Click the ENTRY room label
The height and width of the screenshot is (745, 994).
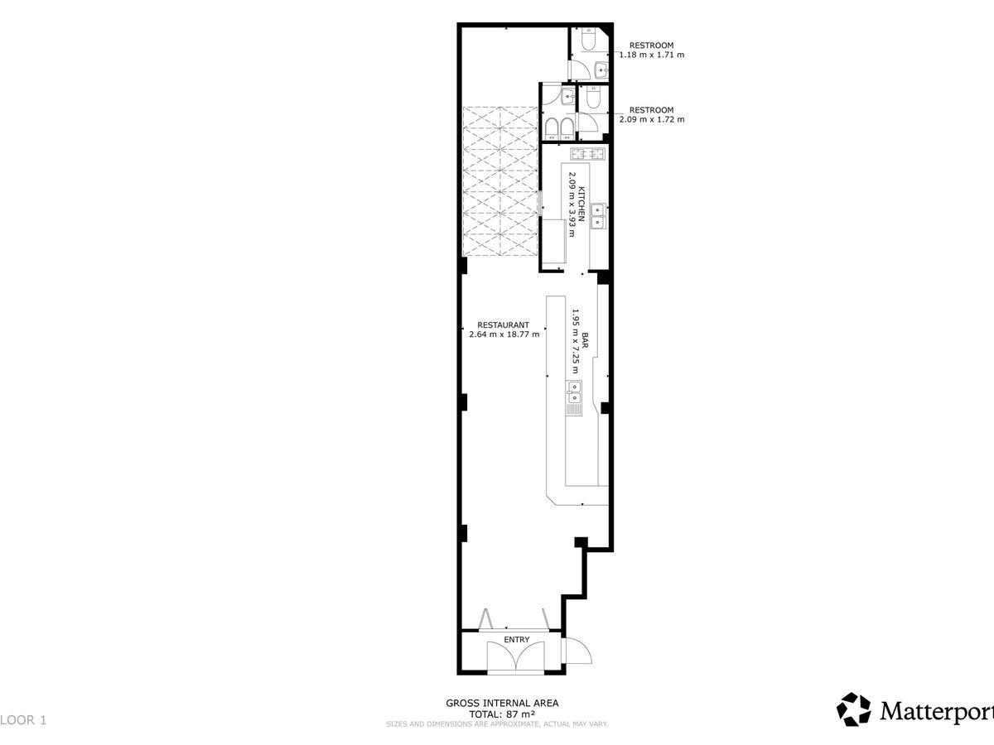click(516, 640)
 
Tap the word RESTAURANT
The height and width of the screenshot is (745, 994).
click(503, 324)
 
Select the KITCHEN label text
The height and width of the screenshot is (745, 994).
click(582, 204)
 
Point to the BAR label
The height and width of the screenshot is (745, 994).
click(585, 340)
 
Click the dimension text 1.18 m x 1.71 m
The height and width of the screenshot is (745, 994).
click(652, 55)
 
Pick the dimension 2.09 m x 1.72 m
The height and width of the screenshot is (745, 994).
click(652, 120)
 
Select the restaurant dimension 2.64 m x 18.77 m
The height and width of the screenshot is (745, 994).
click(504, 334)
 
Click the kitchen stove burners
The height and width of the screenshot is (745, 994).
click(588, 154)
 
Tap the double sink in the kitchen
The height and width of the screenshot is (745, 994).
click(598, 217)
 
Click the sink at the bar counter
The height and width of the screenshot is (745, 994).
click(574, 392)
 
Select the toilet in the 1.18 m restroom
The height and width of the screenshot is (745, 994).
click(589, 39)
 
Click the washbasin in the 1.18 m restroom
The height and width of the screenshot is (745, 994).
click(601, 70)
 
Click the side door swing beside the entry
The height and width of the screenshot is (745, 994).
click(577, 651)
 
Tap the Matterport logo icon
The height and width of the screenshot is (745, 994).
click(853, 709)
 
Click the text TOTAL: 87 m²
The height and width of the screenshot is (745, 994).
click(502, 714)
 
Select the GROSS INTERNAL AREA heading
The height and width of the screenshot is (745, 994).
click(502, 704)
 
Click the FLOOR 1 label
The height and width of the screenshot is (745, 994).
click(23, 720)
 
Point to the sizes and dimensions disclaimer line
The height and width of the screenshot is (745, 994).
click(497, 724)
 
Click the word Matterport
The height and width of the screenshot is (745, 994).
click(937, 712)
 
